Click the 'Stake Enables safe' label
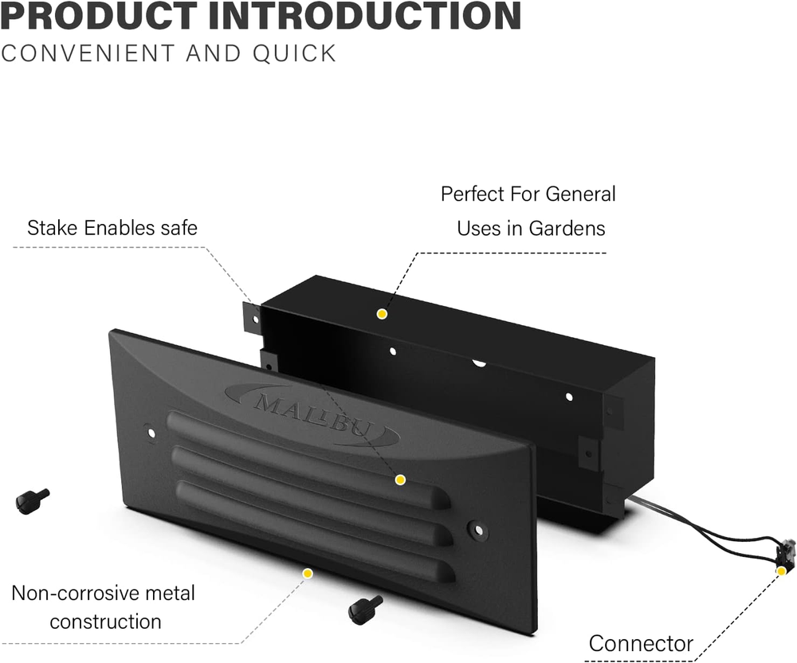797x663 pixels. click(x=112, y=228)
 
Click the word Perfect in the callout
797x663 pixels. click(x=477, y=194)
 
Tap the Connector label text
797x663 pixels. click(x=641, y=643)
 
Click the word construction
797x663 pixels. click(x=105, y=622)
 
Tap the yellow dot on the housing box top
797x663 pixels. click(x=382, y=314)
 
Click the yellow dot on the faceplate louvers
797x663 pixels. click(x=400, y=479)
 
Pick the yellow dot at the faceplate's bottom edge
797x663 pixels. click(x=308, y=572)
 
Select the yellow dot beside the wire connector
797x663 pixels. click(x=781, y=571)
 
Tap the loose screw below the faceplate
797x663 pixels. click(x=365, y=610)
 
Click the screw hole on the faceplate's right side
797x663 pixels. click(x=478, y=528)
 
